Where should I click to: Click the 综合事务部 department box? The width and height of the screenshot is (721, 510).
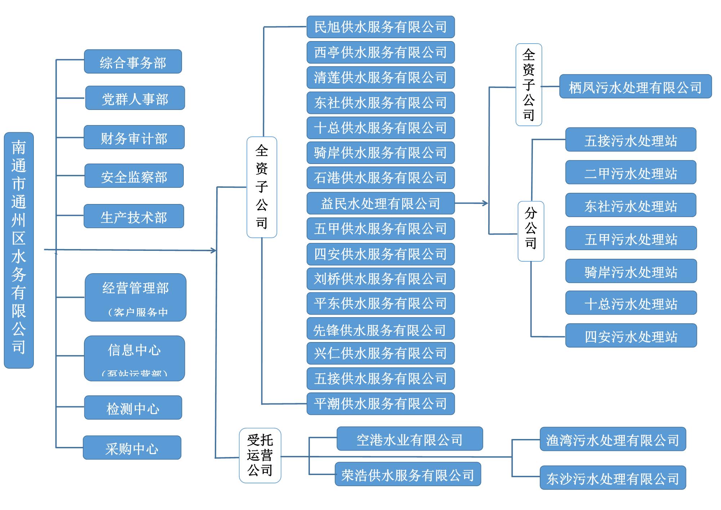pyautogui.click(x=133, y=62)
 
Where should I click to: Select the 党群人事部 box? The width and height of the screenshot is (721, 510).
pyautogui.click(x=135, y=98)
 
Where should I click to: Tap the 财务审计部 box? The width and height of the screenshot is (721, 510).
pyautogui.click(x=134, y=137)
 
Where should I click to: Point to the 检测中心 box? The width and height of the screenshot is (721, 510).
pyautogui.click(x=133, y=408)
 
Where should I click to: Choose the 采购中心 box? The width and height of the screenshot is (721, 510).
pyautogui.click(x=132, y=448)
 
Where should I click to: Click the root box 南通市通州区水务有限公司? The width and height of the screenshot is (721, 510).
pyautogui.click(x=19, y=250)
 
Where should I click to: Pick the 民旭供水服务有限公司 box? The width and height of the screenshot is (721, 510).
pyautogui.click(x=380, y=27)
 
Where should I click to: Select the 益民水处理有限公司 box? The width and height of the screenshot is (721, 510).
pyautogui.click(x=380, y=204)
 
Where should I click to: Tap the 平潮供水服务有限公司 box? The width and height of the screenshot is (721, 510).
pyautogui.click(x=380, y=404)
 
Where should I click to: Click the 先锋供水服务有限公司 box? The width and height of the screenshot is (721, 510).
pyautogui.click(x=380, y=329)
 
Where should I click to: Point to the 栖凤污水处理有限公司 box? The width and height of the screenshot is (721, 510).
pyautogui.click(x=635, y=87)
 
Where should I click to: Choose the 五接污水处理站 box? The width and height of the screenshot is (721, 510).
pyautogui.click(x=631, y=140)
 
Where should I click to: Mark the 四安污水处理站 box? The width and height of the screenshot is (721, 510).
pyautogui.click(x=631, y=336)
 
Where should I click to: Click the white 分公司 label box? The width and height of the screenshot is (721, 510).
pyautogui.click(x=530, y=231)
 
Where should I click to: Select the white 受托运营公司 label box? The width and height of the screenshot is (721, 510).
pyautogui.click(x=260, y=455)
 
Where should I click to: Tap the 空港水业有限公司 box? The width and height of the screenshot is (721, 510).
pyautogui.click(x=410, y=439)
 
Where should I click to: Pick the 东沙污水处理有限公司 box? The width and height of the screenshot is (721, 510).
pyautogui.click(x=613, y=478)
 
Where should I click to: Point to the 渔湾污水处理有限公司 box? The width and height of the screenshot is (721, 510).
pyautogui.click(x=613, y=439)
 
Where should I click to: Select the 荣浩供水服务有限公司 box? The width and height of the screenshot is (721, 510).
pyautogui.click(x=408, y=474)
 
